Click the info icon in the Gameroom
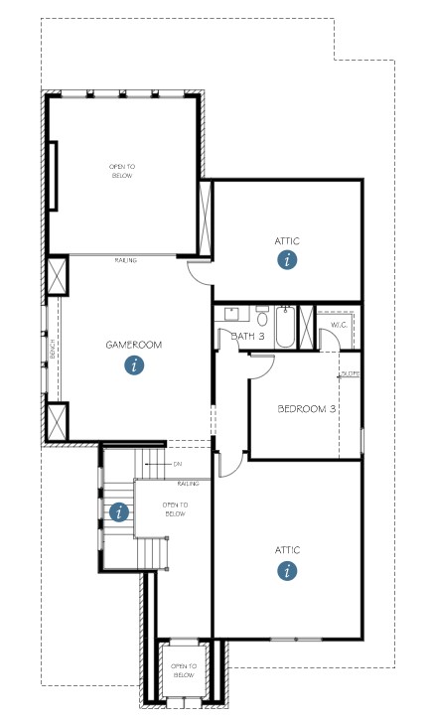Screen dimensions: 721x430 [x=134, y=364]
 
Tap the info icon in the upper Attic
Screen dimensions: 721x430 [x=287, y=260]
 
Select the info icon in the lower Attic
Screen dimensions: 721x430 [x=287, y=570]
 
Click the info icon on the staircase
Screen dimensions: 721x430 [x=120, y=512]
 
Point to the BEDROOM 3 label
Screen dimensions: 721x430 [x=306, y=409]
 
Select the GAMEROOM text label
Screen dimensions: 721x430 [x=134, y=345]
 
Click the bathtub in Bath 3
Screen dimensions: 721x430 [x=286, y=327]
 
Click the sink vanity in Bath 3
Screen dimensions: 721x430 [x=233, y=316]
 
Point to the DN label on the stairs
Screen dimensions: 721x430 [x=177, y=464]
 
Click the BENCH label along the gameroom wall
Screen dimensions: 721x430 [x=52, y=350]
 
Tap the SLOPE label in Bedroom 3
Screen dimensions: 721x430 [x=350, y=374]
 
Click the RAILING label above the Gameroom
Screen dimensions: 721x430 [x=126, y=260]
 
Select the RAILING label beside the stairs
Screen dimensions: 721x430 [x=189, y=484]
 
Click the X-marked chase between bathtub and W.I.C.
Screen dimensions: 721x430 [x=307, y=326]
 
